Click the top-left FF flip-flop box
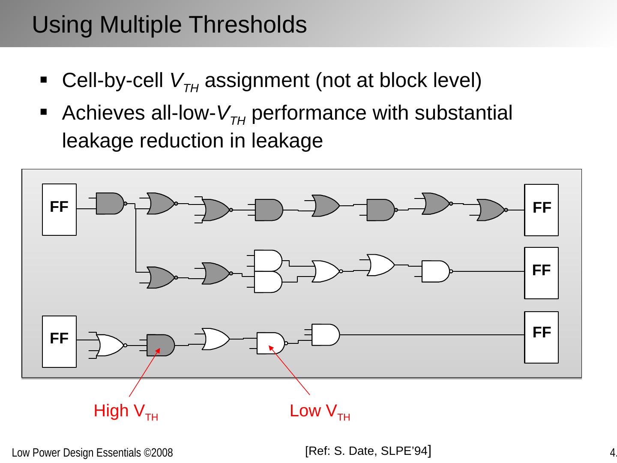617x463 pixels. tap(59, 210)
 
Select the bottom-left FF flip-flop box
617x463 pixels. tap(59, 341)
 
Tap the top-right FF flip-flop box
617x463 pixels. tap(541, 210)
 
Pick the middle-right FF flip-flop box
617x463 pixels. tap(541, 273)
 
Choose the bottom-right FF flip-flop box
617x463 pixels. tap(541, 337)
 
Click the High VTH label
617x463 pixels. tap(126, 411)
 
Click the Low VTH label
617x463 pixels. tap(320, 411)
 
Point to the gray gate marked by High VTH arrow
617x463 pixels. tap(160, 345)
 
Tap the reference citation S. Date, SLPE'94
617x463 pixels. tap(368, 451)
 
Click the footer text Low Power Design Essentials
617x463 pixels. tap(92, 453)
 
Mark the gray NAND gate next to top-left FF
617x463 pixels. tap(110, 204)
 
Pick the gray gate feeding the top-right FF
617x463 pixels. tap(491, 210)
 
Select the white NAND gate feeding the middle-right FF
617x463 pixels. tap(435, 271)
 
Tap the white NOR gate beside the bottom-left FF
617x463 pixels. tap(111, 345)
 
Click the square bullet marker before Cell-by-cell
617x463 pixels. tap(44, 80)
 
